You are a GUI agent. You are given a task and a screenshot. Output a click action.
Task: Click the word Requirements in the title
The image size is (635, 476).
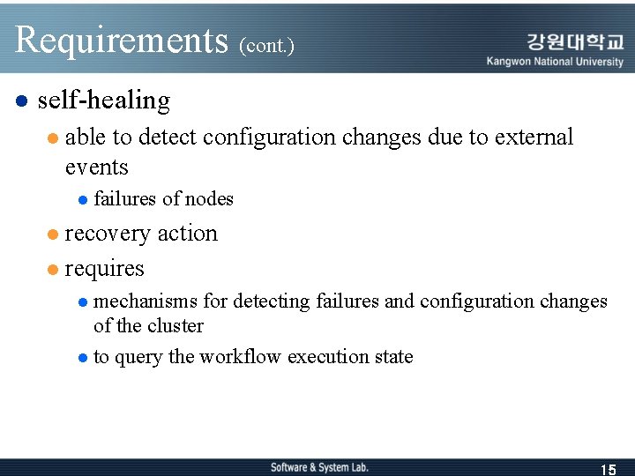pos(122,40)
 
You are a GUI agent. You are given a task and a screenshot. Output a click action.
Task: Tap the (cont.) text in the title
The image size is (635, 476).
pos(266,45)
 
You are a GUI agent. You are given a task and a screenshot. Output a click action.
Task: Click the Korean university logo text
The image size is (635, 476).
pos(575,41)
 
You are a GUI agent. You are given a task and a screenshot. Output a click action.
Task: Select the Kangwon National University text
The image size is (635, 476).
pos(555,62)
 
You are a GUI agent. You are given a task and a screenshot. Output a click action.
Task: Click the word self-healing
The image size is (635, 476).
pos(104,100)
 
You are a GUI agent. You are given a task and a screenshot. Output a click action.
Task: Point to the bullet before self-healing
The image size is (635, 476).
pos(23,101)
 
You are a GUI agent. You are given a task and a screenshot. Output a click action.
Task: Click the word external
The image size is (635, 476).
pos(534,138)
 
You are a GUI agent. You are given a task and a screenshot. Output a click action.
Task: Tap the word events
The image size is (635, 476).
pos(97,167)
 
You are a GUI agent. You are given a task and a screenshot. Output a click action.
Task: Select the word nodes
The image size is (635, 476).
pos(209,199)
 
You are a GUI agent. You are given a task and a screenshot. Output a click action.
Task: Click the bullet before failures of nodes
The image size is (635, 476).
pos(82,200)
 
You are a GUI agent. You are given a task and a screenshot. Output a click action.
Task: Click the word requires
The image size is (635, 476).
pos(104,268)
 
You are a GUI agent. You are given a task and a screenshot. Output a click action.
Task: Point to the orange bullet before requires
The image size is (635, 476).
pos(53,268)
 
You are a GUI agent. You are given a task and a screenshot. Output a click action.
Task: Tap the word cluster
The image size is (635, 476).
pos(175,326)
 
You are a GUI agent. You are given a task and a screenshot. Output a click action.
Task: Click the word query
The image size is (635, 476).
pos(138,358)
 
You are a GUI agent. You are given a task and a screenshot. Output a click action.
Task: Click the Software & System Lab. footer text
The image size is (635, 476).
pos(319,467)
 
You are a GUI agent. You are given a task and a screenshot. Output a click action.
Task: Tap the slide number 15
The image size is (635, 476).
pos(608,469)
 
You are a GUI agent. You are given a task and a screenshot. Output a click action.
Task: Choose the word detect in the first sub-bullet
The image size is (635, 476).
pos(168,138)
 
